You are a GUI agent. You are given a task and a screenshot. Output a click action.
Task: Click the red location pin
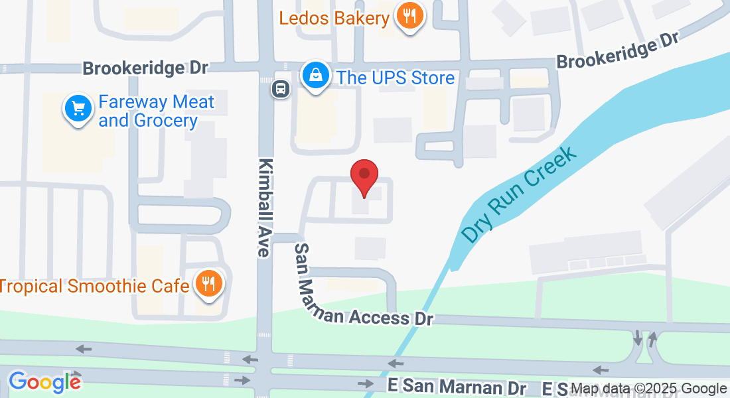tap(364, 176)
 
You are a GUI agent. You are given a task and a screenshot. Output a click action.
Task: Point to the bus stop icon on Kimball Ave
tap(280, 88)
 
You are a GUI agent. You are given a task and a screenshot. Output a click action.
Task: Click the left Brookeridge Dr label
tap(145, 68)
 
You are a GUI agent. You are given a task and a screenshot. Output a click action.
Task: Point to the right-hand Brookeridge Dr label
tap(617, 51)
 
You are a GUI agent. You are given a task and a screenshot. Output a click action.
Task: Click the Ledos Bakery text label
tap(334, 17)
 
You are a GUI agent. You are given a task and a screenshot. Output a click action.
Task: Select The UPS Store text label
tap(396, 78)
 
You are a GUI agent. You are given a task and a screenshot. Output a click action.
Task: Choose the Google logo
tap(44, 381)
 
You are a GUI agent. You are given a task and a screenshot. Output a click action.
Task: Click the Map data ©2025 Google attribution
tap(650, 389)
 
